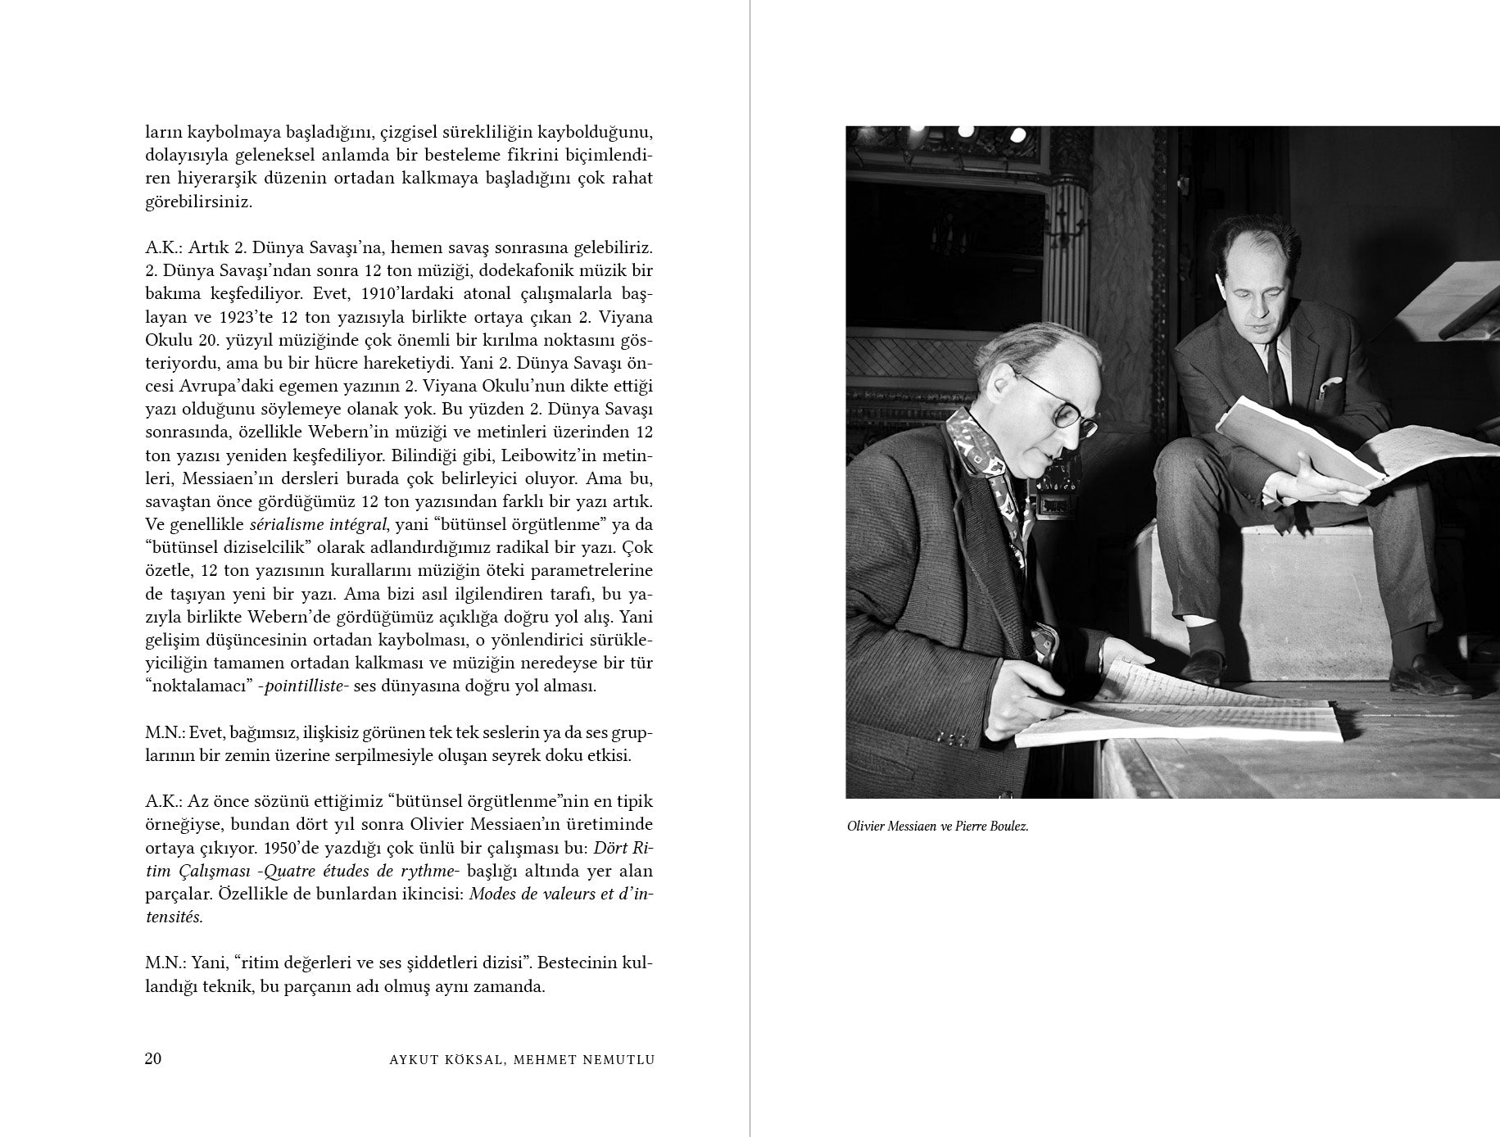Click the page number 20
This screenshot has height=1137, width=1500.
pyautogui.click(x=153, y=1058)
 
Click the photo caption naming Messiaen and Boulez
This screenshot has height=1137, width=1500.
pyautogui.click(x=937, y=826)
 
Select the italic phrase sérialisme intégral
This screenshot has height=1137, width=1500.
pyautogui.click(x=319, y=523)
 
